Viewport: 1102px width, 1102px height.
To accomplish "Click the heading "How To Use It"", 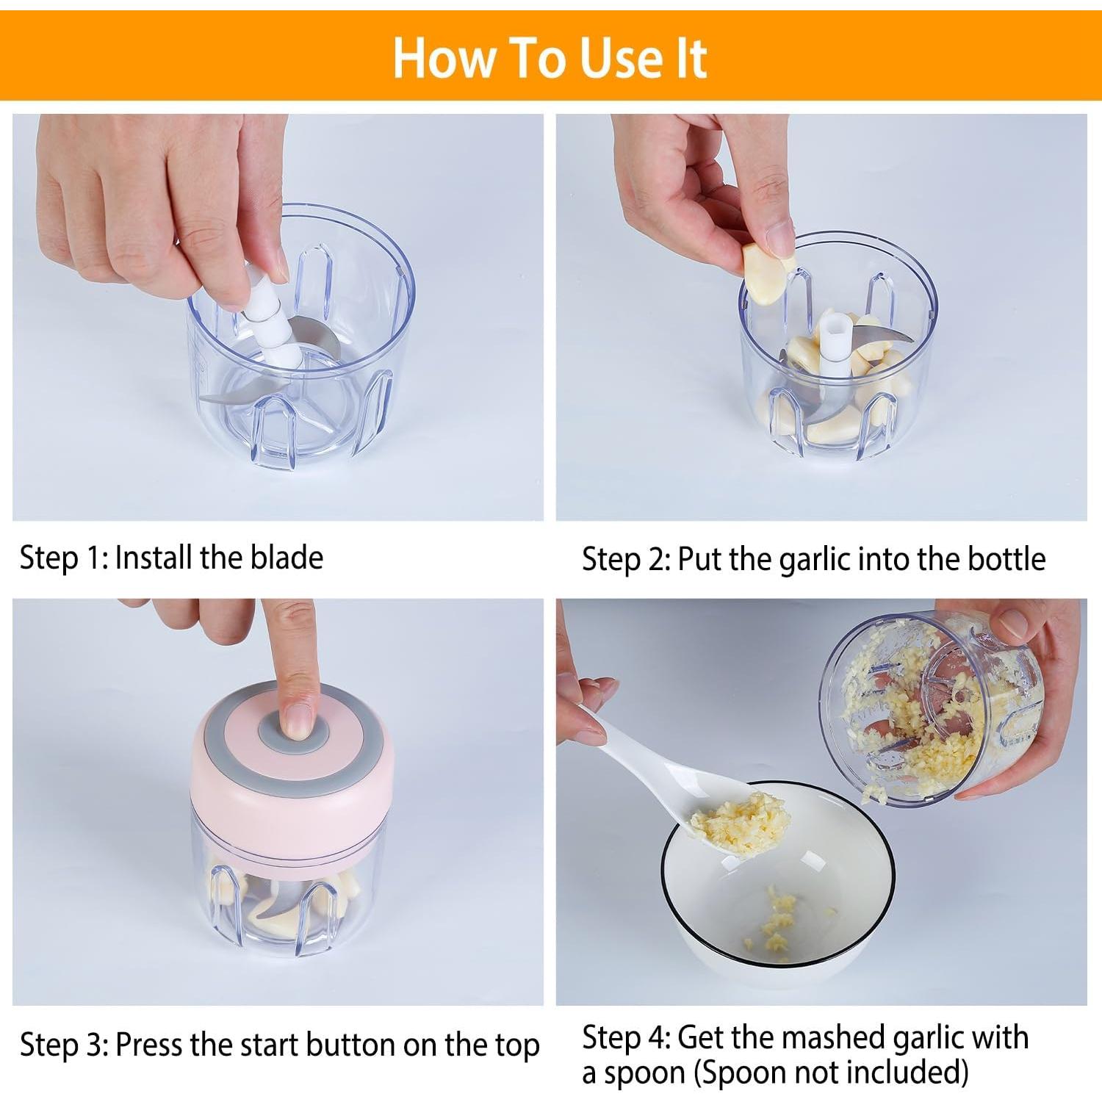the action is [x=550, y=57].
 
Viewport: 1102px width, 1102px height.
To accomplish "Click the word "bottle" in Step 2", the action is [x=1006, y=559].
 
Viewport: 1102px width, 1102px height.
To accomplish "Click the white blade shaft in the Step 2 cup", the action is [x=832, y=345].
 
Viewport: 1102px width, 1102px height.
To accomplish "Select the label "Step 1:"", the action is [x=64, y=558].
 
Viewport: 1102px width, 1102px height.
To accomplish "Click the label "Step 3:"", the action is [x=65, y=1044].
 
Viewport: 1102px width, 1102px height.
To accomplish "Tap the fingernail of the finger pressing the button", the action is [x=298, y=721].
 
